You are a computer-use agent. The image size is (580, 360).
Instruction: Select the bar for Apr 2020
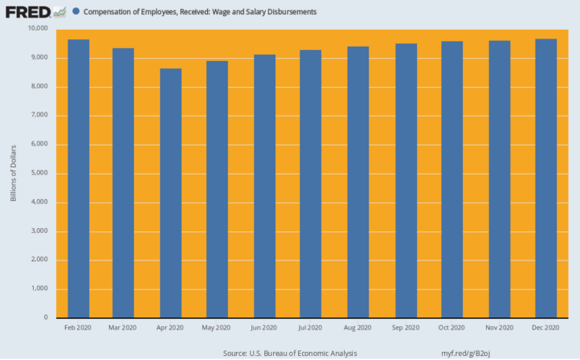pos(170,193)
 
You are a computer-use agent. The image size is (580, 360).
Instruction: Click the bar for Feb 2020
pos(79,178)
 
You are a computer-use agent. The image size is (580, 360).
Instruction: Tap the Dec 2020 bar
pos(546,178)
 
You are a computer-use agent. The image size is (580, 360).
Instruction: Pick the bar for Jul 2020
pos(310,183)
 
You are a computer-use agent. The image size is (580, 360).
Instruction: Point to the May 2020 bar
pos(217,189)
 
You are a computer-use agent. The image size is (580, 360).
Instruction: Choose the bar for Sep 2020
pos(406,181)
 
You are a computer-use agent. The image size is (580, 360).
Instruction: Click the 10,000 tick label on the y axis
pos(38,28)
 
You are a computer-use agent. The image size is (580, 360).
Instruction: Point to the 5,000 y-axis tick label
pos(39,173)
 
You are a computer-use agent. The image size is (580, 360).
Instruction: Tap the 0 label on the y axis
pos(46,317)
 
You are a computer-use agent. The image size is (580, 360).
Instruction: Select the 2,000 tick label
pos(39,260)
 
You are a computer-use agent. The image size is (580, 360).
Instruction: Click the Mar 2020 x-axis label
pos(122,327)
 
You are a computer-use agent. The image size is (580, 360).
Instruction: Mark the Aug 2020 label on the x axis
pos(357,327)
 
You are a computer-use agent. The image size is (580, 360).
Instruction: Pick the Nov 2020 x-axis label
pos(500,327)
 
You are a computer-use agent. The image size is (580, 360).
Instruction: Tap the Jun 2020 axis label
pos(263,327)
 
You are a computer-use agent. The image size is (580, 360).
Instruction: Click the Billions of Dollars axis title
pos(14,173)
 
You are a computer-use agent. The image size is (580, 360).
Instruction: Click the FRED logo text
pos(28,12)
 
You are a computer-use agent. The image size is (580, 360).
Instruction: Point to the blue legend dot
pos(76,11)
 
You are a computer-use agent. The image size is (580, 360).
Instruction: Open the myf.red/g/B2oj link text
pos(465,354)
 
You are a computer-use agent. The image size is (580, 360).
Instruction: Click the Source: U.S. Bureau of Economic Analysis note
pos(290,354)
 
